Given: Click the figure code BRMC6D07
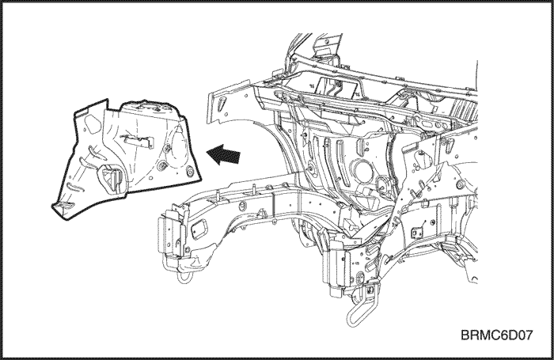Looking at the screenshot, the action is point(496,335).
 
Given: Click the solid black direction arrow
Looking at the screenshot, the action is point(223,155).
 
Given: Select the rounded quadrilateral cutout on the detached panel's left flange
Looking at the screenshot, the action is point(93,125).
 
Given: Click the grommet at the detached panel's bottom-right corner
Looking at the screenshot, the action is point(190,172).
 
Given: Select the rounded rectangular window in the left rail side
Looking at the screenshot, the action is point(199,227).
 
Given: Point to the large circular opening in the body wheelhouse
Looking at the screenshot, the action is point(360,172).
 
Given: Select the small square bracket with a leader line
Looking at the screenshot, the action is point(413,233).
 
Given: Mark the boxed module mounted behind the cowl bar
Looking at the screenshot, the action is point(336,86).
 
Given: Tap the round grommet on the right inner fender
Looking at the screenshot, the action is point(460,184).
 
